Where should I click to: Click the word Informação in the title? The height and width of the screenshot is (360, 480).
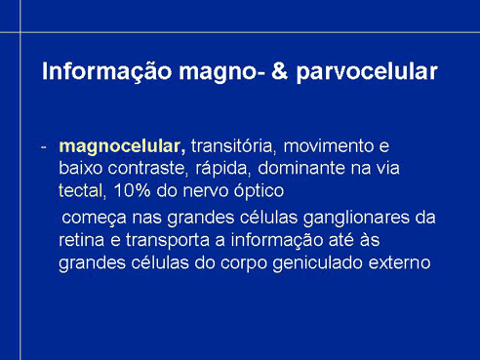point(106,71)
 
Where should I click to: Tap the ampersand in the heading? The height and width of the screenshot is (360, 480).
point(280,71)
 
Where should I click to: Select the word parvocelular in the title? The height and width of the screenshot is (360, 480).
point(367,72)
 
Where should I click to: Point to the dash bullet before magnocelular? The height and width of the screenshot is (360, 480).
point(44,147)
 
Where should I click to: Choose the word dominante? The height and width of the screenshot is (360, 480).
point(301,168)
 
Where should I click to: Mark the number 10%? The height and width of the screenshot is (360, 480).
point(132,190)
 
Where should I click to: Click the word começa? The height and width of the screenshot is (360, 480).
point(94,219)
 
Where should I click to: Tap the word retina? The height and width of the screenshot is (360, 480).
point(81,240)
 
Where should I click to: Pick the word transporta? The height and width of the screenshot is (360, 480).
point(168,241)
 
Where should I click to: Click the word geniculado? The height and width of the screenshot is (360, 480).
point(317,263)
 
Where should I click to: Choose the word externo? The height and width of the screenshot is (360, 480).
point(400,262)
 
